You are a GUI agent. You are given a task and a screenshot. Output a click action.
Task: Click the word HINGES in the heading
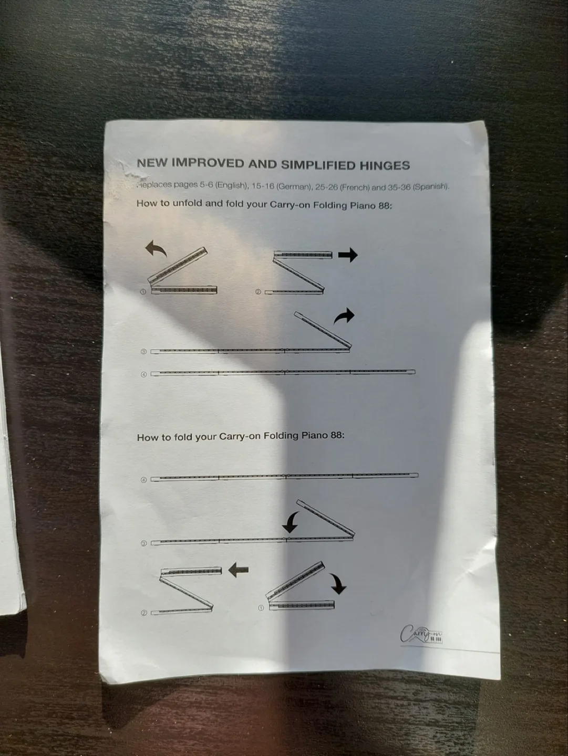click(385, 166)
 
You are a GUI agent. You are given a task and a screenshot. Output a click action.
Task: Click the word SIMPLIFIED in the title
click(318, 165)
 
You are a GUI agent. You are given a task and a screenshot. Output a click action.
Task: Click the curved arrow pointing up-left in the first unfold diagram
click(156, 249)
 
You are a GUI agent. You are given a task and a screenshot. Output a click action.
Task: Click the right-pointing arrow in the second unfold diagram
click(347, 255)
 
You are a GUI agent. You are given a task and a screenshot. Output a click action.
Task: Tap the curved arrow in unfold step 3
click(344, 316)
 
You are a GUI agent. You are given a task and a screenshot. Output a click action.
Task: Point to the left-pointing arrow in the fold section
click(238, 570)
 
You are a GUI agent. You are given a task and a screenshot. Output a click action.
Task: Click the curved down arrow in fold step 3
click(290, 521)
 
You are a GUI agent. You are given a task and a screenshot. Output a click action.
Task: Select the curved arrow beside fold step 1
click(338, 583)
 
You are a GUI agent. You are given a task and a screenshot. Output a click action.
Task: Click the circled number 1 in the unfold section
click(143, 292)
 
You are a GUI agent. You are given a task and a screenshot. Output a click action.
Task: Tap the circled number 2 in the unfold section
click(258, 292)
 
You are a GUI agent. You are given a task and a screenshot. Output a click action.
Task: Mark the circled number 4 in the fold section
click(143, 480)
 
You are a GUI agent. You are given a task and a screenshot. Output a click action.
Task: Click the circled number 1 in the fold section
click(261, 608)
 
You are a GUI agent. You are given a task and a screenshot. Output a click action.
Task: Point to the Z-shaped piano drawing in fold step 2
click(187, 590)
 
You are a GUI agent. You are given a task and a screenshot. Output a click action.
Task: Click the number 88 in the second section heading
click(337, 435)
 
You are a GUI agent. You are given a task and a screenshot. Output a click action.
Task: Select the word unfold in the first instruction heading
click(187, 203)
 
